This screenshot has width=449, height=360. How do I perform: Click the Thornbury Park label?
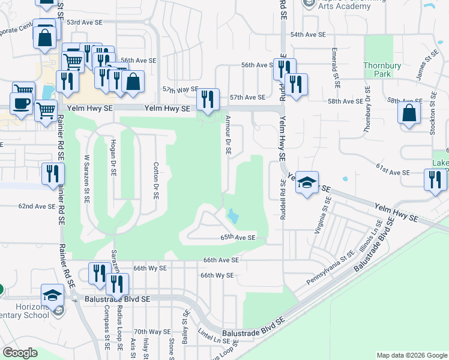pos(377,69)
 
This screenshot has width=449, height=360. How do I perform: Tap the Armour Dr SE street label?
pos(228,136)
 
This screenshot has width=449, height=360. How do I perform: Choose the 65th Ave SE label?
pos(238,238)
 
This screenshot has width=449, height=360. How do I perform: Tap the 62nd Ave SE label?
pos(37,206)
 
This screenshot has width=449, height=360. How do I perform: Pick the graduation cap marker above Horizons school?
pos(52,295)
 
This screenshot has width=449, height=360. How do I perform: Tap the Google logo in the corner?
pos(20,353)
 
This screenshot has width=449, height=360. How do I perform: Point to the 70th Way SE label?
pos(152,332)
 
